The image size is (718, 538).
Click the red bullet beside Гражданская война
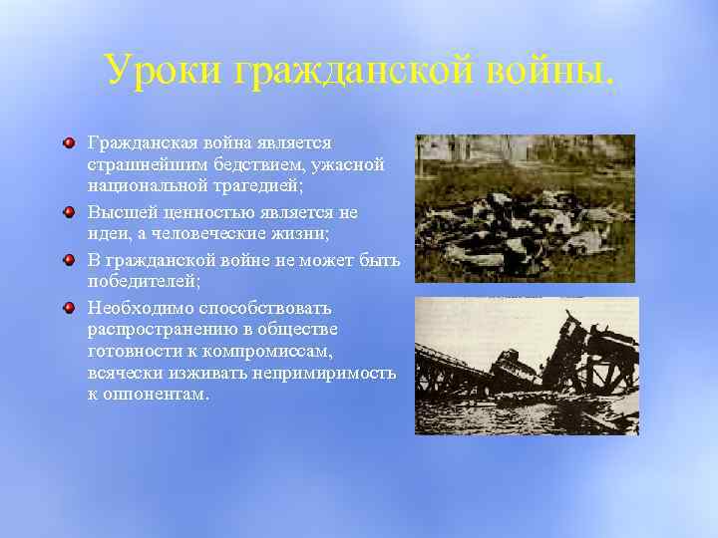tap(68, 144)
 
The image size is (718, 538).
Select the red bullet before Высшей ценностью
tap(68, 212)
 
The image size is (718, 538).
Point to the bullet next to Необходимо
tap(68, 308)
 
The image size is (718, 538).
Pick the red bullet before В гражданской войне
tap(68, 260)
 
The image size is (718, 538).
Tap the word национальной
tap(144, 186)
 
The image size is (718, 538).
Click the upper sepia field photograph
tap(525, 208)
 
